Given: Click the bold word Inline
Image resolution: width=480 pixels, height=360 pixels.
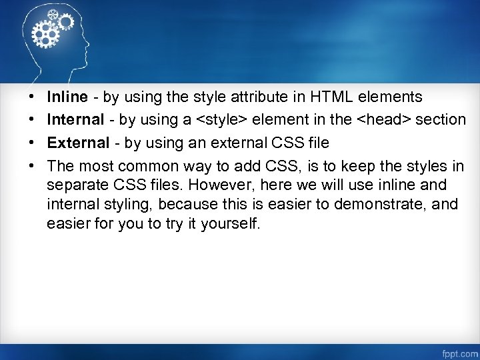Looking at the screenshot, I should pos(67,97).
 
